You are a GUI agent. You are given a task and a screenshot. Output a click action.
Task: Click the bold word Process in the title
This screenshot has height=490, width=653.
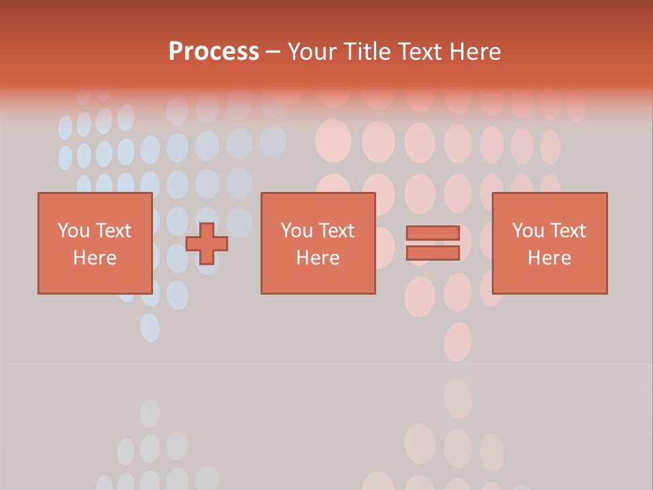(x=214, y=52)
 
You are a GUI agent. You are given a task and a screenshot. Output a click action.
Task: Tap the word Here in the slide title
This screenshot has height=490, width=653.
(x=475, y=52)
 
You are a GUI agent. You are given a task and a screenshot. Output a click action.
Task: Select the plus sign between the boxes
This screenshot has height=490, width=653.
(x=207, y=244)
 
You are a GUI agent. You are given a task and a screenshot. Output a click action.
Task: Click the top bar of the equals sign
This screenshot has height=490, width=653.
(x=433, y=233)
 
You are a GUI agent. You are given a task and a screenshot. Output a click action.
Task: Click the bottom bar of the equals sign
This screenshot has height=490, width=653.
(x=433, y=252)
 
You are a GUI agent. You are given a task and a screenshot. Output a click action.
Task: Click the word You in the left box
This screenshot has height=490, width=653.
(x=73, y=231)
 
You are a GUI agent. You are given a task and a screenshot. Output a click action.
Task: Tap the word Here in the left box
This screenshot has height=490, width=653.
(x=95, y=258)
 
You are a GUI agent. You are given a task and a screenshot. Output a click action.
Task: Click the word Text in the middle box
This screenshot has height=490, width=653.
(x=337, y=231)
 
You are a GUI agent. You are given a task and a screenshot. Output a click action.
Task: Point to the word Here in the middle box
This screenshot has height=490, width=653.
(x=318, y=258)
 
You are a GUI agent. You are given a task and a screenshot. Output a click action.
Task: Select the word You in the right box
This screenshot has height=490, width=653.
(x=528, y=231)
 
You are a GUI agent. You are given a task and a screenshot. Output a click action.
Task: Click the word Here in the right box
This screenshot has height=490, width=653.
(x=549, y=258)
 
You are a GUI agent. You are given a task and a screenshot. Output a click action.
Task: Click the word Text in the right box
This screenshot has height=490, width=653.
(x=568, y=231)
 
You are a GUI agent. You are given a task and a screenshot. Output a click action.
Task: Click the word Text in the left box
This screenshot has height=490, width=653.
(x=114, y=231)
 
